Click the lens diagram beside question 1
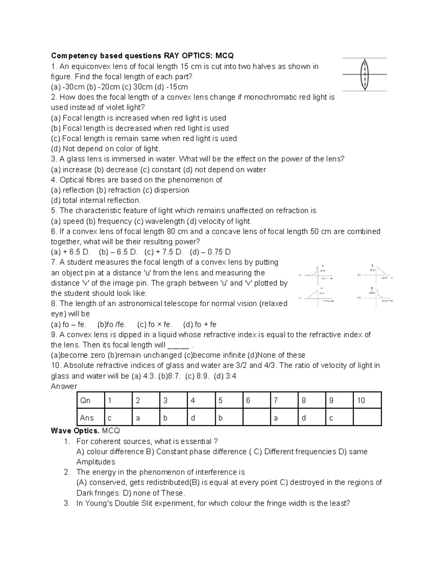click(x=365, y=75)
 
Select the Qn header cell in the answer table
click(x=90, y=400)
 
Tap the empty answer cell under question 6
click(x=256, y=418)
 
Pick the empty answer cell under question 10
click(x=367, y=418)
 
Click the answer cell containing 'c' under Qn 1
click(x=118, y=418)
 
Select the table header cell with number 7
click(x=284, y=400)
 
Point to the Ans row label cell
click(x=90, y=418)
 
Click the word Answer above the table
click(x=64, y=386)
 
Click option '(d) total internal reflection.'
click(x=96, y=200)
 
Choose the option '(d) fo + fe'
click(x=200, y=325)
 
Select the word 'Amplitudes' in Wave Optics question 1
click(x=95, y=462)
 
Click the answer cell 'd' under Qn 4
click(x=201, y=418)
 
